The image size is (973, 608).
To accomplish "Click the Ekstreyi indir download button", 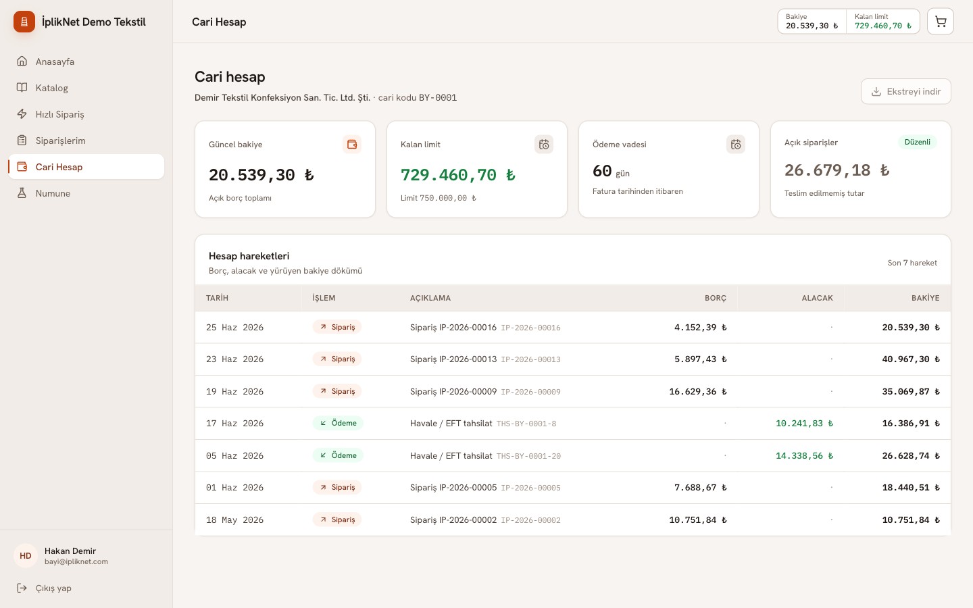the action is (905, 91).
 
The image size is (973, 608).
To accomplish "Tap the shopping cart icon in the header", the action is (941, 22).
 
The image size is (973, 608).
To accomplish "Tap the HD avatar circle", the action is (26, 556).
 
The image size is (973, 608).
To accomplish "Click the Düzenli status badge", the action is (918, 142).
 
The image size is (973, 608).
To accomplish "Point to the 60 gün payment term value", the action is (611, 171).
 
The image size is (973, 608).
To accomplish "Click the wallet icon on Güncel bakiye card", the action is (352, 144).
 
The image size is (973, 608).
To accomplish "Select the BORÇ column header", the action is (716, 298).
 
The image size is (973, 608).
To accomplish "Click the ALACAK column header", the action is (817, 298).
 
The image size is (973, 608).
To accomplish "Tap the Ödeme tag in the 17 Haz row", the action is (338, 423).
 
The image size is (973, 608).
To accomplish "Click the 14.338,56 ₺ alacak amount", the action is (805, 455).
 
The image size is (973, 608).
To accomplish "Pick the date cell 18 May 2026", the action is (234, 520).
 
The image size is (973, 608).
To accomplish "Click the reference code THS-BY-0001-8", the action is (526, 424).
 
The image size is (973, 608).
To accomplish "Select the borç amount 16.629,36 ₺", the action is (698, 391).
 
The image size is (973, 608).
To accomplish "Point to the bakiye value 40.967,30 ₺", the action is (911, 359).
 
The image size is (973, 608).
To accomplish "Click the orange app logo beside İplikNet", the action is (24, 22).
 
